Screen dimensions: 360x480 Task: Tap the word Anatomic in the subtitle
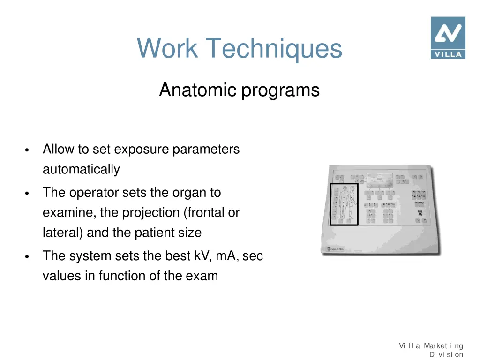click(198, 90)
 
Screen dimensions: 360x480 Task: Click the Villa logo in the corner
click(448, 37)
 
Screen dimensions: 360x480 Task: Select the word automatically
click(81, 169)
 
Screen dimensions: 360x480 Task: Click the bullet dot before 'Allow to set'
click(28, 151)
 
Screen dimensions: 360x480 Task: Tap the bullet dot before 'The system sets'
click(28, 257)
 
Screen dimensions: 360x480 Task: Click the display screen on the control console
click(379, 179)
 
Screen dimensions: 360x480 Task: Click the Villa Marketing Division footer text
click(431, 350)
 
